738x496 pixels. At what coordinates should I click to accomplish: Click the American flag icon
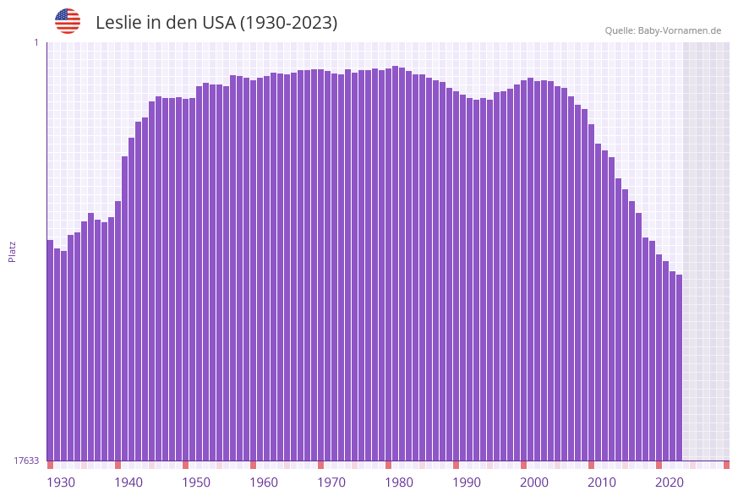(68, 21)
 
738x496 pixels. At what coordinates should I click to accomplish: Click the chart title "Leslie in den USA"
(216, 23)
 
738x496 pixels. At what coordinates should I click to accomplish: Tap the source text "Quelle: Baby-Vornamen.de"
(663, 30)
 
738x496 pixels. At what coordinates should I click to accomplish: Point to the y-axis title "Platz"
(12, 251)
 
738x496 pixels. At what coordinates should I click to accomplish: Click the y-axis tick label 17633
(26, 461)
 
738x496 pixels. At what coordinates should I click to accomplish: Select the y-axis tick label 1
(36, 42)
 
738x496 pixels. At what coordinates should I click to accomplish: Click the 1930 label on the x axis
(61, 482)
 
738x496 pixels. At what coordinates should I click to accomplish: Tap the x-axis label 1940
(128, 482)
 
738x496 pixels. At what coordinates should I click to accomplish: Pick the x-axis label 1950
(196, 482)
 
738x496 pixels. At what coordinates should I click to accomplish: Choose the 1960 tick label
(264, 482)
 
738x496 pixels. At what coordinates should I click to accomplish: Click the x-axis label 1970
(331, 482)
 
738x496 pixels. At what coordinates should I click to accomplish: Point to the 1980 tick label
(399, 482)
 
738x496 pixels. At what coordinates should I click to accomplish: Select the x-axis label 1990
(467, 482)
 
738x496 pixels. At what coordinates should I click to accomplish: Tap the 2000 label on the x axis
(534, 482)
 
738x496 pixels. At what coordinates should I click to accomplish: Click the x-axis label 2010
(602, 482)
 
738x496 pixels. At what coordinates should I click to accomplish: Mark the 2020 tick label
(670, 482)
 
